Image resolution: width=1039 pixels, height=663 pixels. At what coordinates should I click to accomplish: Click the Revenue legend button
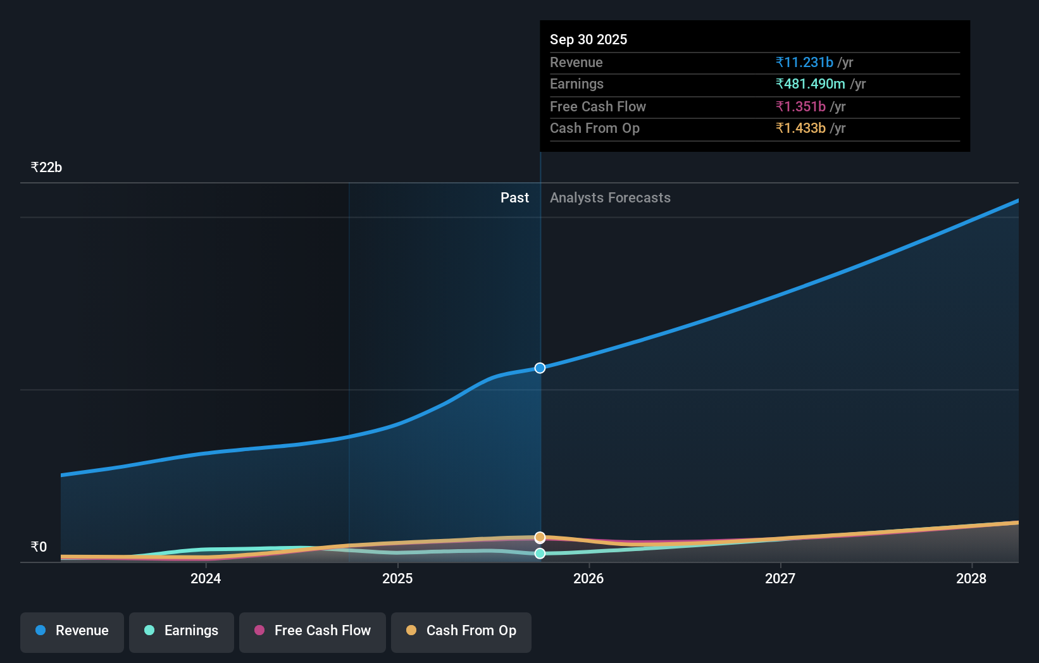(72, 631)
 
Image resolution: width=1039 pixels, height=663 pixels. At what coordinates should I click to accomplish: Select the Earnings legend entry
(182, 631)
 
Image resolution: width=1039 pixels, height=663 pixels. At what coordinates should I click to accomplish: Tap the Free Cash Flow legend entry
(313, 631)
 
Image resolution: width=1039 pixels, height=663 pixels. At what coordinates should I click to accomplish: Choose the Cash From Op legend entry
(461, 631)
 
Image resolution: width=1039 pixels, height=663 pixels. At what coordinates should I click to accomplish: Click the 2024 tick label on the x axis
(206, 578)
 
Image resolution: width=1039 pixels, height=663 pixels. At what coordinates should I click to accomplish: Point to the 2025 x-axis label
(397, 578)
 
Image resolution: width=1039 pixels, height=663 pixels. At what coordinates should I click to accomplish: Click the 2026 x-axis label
(588, 578)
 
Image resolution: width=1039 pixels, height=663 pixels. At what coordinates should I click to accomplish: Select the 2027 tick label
(780, 578)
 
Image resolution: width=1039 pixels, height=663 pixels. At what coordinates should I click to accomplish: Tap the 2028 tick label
(971, 578)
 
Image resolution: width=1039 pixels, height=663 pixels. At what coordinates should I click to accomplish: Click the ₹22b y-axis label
(46, 168)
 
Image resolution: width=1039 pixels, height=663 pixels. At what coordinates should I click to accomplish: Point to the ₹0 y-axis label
(39, 547)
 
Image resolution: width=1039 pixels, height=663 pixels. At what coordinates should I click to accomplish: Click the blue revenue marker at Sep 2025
(540, 368)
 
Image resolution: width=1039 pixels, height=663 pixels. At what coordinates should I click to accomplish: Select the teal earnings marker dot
(540, 554)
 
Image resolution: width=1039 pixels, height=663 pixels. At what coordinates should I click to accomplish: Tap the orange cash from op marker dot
(540, 537)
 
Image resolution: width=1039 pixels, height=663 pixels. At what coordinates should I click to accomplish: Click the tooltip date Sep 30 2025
(588, 39)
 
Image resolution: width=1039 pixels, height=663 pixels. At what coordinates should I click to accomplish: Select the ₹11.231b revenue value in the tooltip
(804, 62)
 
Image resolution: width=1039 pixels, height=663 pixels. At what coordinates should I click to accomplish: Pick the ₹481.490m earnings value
(811, 84)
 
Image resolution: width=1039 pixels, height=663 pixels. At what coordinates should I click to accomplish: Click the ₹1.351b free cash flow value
(800, 106)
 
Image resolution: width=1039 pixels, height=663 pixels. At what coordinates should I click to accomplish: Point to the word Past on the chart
(514, 197)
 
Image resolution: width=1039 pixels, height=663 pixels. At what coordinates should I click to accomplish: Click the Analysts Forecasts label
(610, 197)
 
